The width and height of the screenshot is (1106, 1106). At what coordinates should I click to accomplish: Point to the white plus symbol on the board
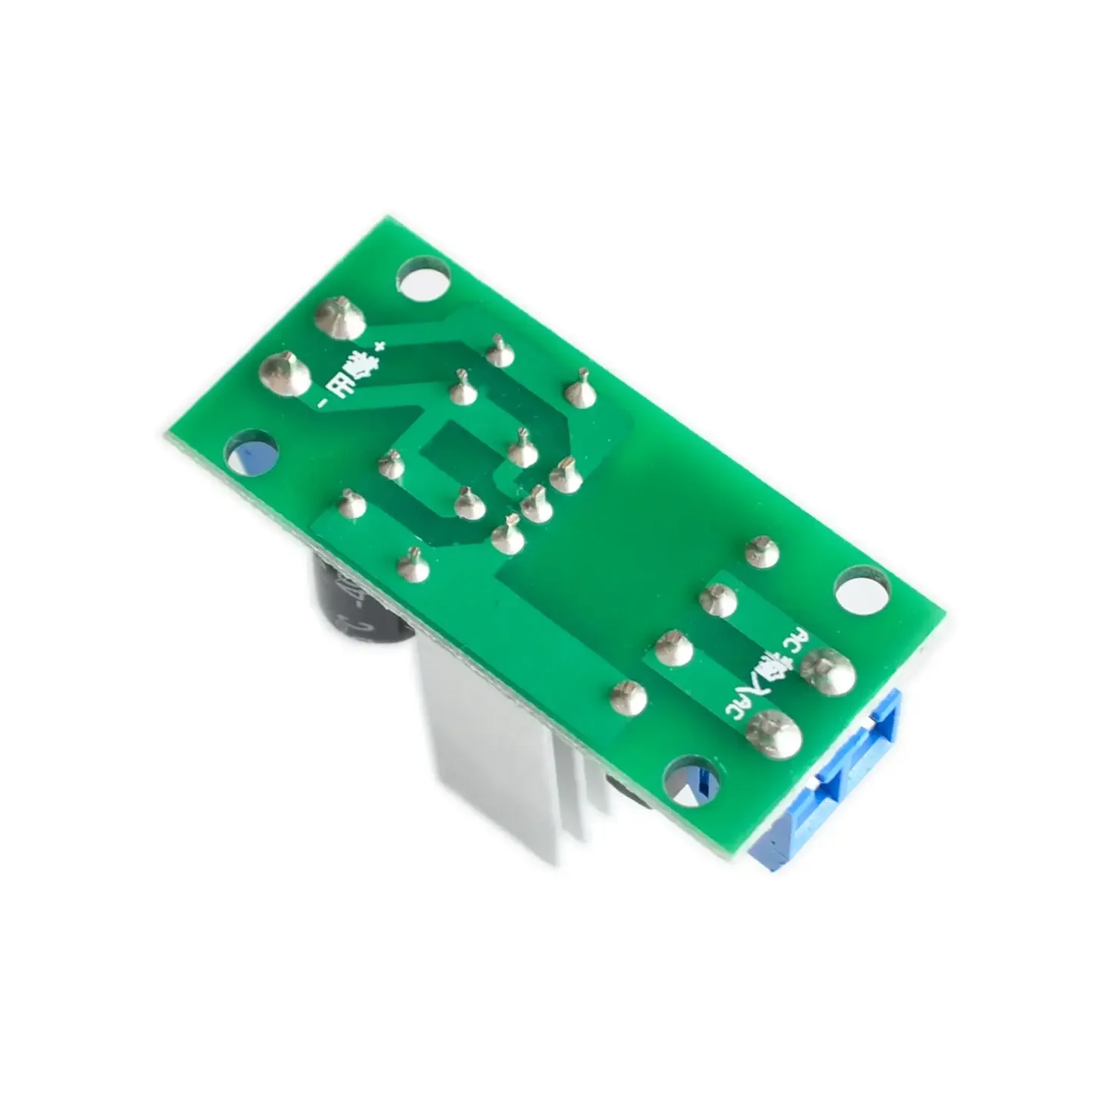pos(381,345)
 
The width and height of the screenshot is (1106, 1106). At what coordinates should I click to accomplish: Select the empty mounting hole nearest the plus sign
pos(421,279)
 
